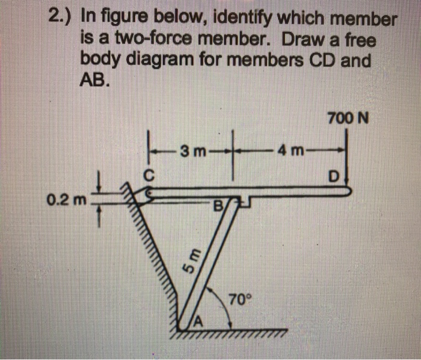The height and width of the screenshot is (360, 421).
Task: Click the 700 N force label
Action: coord(348,117)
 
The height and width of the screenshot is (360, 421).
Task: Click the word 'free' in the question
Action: coord(358,42)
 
